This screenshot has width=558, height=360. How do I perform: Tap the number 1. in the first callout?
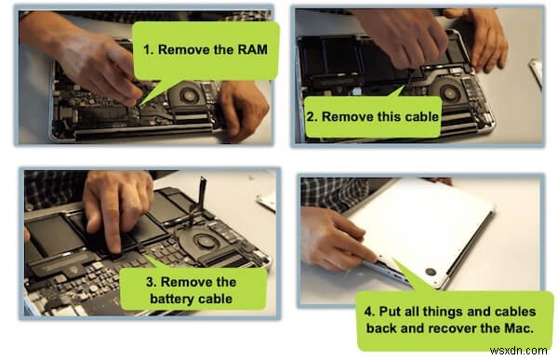(149, 49)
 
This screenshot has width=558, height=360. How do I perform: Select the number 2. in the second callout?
(312, 117)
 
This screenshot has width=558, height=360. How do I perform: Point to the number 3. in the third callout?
(152, 282)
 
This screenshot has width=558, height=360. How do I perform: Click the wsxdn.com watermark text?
(519, 351)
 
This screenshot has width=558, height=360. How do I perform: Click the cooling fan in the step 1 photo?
(188, 95)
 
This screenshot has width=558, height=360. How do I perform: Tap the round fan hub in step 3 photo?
(204, 242)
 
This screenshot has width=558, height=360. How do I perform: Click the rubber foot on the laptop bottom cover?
(431, 272)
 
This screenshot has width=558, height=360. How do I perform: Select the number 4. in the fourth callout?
(370, 312)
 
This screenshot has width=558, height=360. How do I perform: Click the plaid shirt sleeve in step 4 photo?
(334, 194)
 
